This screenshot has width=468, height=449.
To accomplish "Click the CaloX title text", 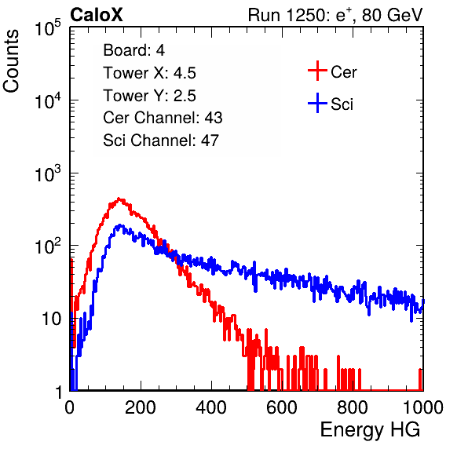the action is pyautogui.click(x=97, y=15).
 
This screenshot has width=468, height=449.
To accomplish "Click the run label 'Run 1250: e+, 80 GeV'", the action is pyautogui.click(x=335, y=15).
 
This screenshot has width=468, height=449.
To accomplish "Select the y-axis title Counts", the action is pyautogui.click(x=11, y=61).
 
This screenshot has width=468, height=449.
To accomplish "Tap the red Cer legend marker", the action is pyautogui.click(x=317, y=71).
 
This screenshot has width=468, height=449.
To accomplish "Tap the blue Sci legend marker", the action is pyautogui.click(x=317, y=103).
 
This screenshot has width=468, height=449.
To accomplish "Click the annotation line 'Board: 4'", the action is pyautogui.click(x=133, y=50).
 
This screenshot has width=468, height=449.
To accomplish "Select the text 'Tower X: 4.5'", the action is pyautogui.click(x=149, y=73).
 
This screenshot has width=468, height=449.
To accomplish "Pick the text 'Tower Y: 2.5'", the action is pyautogui.click(x=149, y=96).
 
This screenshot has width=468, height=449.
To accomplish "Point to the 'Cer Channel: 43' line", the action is pyautogui.click(x=163, y=118).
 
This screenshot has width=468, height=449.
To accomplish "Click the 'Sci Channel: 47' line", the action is pyautogui.click(x=161, y=141).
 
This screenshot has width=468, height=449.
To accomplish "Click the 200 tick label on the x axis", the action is pyautogui.click(x=141, y=407).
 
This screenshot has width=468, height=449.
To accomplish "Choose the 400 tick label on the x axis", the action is pyautogui.click(x=211, y=407).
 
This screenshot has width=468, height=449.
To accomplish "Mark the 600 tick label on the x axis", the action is pyautogui.click(x=282, y=407).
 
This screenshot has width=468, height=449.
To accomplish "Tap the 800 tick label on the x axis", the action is pyautogui.click(x=353, y=407).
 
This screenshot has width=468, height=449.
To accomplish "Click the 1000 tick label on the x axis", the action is pyautogui.click(x=423, y=407).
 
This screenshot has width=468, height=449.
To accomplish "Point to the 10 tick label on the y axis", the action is pyautogui.click(x=52, y=319).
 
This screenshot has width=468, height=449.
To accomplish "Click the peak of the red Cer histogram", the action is pyautogui.click(x=119, y=198).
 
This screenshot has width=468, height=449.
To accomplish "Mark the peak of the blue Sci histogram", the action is pyautogui.click(x=119, y=225).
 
